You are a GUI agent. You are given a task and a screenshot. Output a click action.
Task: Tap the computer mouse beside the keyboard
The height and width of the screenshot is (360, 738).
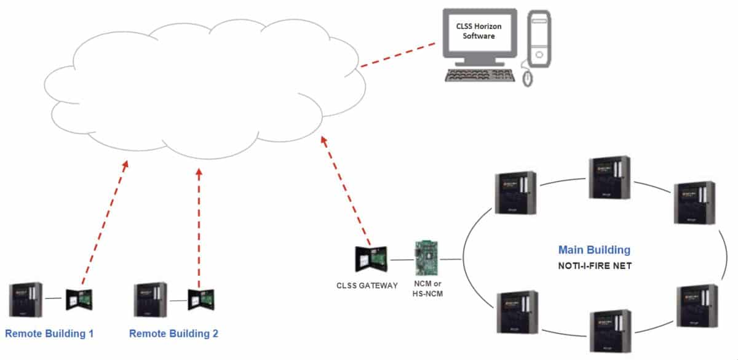(x=528, y=77)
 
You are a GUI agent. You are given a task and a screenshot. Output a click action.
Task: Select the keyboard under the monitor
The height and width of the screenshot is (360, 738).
(x=479, y=75)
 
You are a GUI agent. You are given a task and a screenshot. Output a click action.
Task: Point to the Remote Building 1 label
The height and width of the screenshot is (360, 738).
(x=49, y=334)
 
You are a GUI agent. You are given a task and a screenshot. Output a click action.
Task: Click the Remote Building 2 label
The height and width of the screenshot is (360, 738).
(x=173, y=334)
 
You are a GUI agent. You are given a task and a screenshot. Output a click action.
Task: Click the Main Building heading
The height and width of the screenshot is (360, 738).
(x=594, y=250)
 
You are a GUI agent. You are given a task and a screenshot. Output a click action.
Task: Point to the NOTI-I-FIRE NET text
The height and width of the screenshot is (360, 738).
(x=594, y=266)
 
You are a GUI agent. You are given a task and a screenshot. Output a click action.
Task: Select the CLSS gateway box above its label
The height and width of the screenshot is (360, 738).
(x=370, y=259)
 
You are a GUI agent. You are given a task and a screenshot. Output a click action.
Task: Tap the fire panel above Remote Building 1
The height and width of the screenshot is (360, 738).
(x=25, y=300)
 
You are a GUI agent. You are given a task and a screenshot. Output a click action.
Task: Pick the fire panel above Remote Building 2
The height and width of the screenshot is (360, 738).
(x=150, y=300)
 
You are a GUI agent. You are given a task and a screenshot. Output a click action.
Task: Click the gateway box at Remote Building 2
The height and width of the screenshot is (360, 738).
(x=202, y=300)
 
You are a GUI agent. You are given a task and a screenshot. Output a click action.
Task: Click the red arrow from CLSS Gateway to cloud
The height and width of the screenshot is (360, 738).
(x=346, y=191)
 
